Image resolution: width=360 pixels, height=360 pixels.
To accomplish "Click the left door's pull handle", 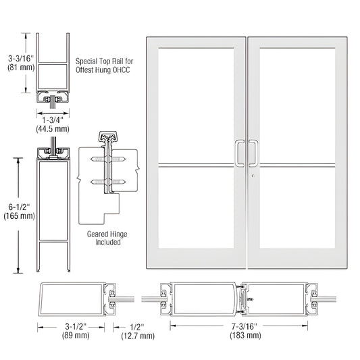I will [237, 153].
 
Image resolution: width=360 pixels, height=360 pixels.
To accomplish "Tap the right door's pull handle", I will [253, 153].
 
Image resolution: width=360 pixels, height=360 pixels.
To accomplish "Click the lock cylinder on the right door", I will [252, 177].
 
